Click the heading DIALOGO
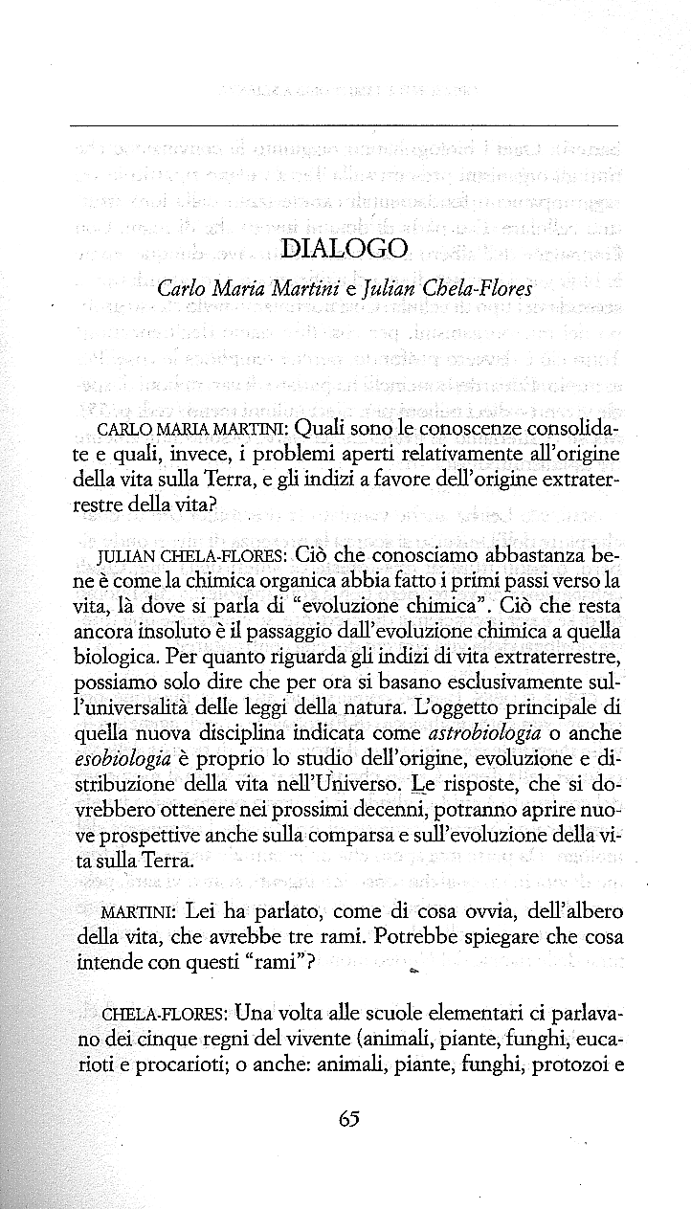tap(345, 249)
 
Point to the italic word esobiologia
tap(122, 757)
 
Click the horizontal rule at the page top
tap(345, 125)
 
